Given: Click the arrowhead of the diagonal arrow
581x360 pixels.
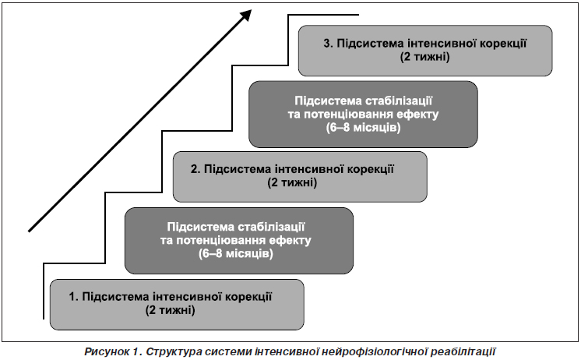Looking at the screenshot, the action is [245, 16].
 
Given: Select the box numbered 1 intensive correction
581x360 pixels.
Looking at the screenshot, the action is [177, 305].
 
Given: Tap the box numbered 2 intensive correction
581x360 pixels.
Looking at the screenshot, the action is [300, 176].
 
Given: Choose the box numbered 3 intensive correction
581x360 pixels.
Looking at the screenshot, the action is [425, 51].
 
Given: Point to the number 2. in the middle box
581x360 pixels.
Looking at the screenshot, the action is [195, 169].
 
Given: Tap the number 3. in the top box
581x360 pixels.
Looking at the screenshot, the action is [328, 44].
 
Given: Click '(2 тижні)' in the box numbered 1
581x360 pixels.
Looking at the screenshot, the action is [170, 310].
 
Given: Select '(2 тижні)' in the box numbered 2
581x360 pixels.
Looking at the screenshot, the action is [292, 182].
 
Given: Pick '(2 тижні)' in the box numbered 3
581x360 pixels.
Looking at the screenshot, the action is [425, 57].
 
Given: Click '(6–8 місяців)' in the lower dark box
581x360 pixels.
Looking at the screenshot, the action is [236, 253].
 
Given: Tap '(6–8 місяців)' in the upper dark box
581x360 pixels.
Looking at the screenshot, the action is [364, 128].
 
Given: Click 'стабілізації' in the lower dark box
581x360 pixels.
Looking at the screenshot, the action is [271, 227].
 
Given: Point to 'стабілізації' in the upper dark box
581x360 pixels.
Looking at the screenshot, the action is [399, 101].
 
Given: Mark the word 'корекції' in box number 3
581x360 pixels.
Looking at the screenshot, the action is [503, 44].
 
